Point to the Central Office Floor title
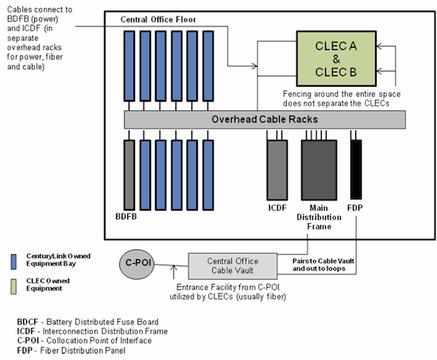[160, 18]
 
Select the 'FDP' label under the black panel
[356, 208]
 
